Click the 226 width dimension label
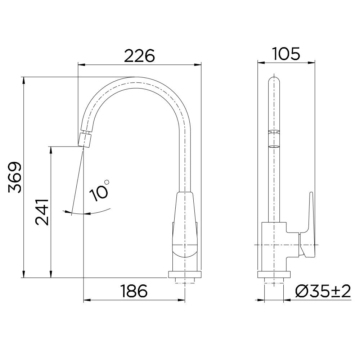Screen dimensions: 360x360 (x=139, y=55)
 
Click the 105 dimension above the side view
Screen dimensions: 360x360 (x=286, y=54)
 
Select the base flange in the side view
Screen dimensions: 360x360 (x=274, y=275)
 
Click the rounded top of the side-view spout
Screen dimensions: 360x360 (x=274, y=81)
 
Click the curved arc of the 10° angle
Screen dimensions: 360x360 (x=97, y=212)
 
